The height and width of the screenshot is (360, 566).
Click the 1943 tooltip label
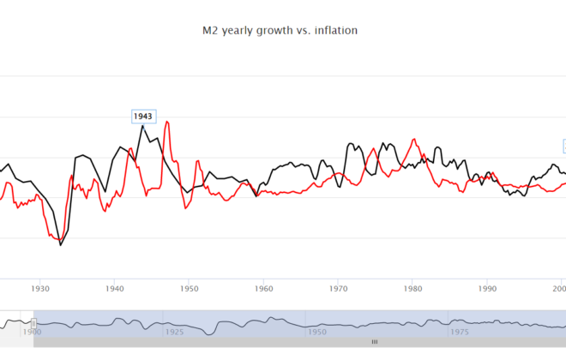(142, 116)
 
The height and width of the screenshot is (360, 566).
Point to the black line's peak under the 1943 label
(142, 126)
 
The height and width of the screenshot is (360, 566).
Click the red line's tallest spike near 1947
(167, 122)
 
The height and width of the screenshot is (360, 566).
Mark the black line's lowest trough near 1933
(61, 245)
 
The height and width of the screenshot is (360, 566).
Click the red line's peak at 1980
(414, 139)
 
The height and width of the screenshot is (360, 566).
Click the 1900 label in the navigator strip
(32, 331)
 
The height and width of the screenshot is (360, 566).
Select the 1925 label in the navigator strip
(175, 331)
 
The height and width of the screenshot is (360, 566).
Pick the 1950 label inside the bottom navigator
(317, 331)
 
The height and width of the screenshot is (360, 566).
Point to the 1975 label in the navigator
(460, 331)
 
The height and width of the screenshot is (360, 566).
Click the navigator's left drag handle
(33, 323)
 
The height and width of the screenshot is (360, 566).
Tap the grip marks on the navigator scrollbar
(374, 342)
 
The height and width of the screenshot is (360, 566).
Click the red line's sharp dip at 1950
(186, 208)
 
